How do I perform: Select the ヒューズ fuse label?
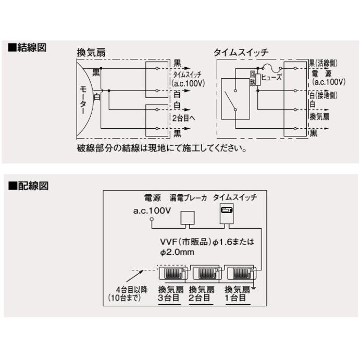tap(271, 77)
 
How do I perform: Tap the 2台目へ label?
tap(184, 118)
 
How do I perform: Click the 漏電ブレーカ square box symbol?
tap(187, 218)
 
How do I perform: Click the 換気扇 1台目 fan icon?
tap(240, 273)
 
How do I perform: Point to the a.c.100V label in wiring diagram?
tap(152, 211)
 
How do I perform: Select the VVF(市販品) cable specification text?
tap(208, 246)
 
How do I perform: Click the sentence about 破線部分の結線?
tap(162, 148)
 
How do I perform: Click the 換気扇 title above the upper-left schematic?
tap(91, 53)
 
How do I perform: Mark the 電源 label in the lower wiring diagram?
tap(152, 198)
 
